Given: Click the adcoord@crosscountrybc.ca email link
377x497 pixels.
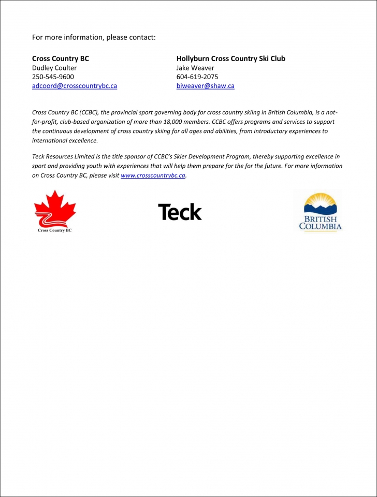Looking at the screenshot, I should point(75,86).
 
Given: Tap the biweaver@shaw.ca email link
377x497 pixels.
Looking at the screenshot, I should point(205,86).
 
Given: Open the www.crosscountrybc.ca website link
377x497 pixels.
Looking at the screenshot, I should point(153,176).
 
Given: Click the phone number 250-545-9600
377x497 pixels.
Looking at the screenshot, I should point(53,77).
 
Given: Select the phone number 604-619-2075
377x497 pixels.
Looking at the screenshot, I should point(197,77).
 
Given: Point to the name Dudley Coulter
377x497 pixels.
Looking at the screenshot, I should point(54,68).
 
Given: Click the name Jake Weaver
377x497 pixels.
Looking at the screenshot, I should point(195,68).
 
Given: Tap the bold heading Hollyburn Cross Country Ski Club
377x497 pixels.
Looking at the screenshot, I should point(230,59).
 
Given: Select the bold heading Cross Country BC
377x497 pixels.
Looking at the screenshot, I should point(61,59).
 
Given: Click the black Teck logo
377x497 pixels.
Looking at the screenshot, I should point(180,212).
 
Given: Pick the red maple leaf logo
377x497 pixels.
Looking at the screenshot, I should point(55,208).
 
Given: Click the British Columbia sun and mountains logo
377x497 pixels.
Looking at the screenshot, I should point(320,211).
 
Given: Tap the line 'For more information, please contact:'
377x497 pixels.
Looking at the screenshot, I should point(94,37).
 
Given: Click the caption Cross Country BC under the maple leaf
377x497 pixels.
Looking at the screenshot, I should point(55,230).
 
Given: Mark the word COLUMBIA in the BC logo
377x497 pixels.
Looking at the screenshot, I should point(320,226).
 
